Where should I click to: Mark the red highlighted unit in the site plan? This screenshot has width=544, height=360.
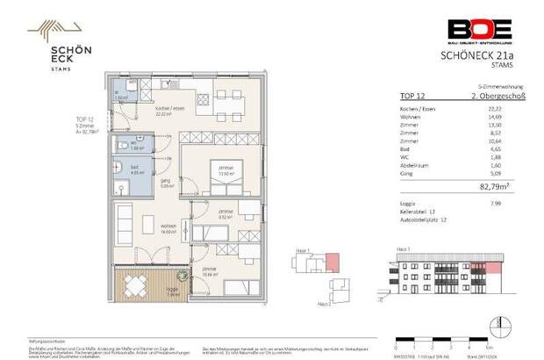click(333, 263)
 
